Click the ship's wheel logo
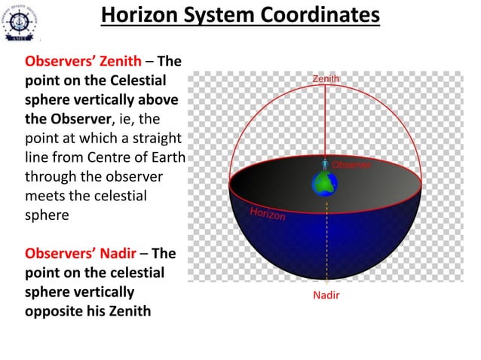point(22,22)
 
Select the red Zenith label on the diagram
point(326,78)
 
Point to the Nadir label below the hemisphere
point(326,295)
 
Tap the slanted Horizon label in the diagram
point(268,214)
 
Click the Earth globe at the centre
point(326,183)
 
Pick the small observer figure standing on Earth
point(326,164)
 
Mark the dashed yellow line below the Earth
point(326,241)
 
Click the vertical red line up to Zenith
point(326,121)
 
